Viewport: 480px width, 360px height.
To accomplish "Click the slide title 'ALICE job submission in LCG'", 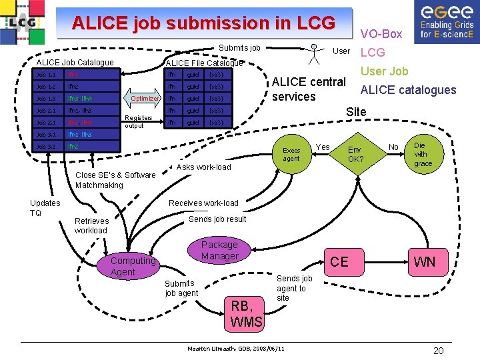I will pos(203,23).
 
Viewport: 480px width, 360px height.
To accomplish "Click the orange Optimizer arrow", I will pos(144,98).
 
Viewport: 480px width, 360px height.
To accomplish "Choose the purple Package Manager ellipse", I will pos(219,251).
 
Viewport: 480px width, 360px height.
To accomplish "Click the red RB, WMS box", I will pos(246,314).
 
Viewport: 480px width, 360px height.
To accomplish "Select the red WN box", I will pos(424,261).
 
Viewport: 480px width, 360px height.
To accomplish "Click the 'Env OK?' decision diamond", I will pos(356,155).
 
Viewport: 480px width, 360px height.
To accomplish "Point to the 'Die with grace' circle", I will pos(423,155).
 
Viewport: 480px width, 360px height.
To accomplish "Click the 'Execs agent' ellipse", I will pos(291,154).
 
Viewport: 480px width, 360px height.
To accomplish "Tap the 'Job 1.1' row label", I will pos(46,74).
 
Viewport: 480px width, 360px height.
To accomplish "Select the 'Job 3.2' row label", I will pos(46,146).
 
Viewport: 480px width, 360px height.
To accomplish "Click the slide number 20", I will pos(438,351).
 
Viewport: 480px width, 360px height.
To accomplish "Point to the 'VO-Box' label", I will pos(381,33).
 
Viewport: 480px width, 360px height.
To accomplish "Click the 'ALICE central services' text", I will pos(309,89).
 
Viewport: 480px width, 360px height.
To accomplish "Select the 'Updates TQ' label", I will pos(45,207).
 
